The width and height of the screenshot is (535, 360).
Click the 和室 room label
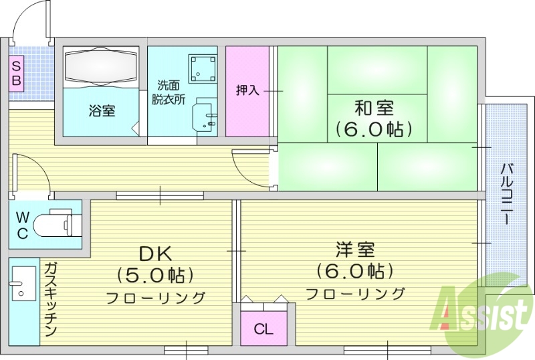click(374, 107)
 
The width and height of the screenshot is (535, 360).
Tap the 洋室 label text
click(354, 250)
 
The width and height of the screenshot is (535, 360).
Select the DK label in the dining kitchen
click(155, 253)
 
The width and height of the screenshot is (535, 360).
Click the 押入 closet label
click(247, 90)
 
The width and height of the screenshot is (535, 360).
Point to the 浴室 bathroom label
click(102, 111)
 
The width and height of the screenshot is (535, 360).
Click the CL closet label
click(263, 329)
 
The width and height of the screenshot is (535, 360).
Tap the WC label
click(22, 225)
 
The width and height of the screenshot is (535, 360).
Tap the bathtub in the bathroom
click(102, 68)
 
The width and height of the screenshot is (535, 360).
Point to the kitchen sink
click(23, 284)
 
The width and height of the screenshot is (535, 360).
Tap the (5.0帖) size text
click(155, 274)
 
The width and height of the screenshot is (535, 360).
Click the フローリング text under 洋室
click(356, 293)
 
